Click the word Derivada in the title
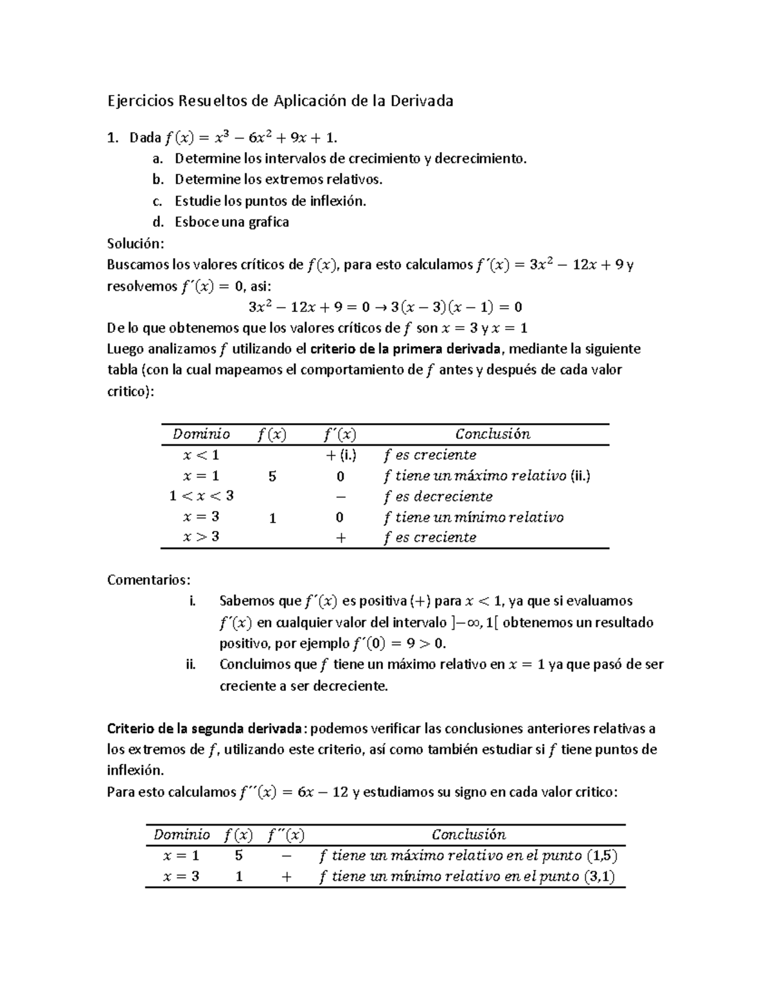[x=421, y=101]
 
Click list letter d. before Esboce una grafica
[x=158, y=222]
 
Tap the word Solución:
[x=136, y=243]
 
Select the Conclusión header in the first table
[x=493, y=434]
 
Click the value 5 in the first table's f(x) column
[x=272, y=476]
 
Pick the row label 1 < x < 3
[x=201, y=496]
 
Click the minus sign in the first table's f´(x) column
[x=340, y=497]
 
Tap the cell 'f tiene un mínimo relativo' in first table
[x=473, y=517]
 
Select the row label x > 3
[x=201, y=537]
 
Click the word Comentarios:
[x=148, y=580]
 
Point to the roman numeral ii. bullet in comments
[x=191, y=664]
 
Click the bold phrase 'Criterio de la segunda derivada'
[x=204, y=729]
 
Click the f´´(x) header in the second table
[x=286, y=835]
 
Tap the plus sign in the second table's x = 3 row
[x=287, y=876]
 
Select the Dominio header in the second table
[x=182, y=835]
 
